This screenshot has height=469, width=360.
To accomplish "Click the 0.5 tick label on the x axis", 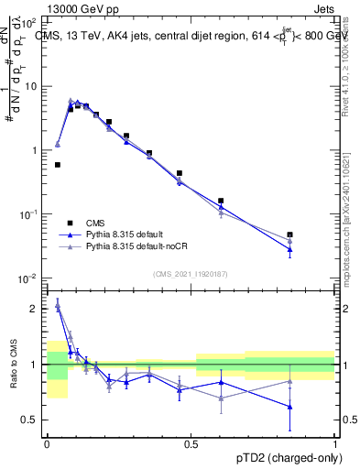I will click(191, 442).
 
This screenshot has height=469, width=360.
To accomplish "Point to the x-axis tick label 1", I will click(334, 442).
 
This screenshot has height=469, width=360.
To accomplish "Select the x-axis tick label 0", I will click(47, 442).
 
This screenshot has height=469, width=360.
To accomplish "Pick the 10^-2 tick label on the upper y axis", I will click(29, 278).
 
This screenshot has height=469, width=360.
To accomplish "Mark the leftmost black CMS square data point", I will click(58, 165).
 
